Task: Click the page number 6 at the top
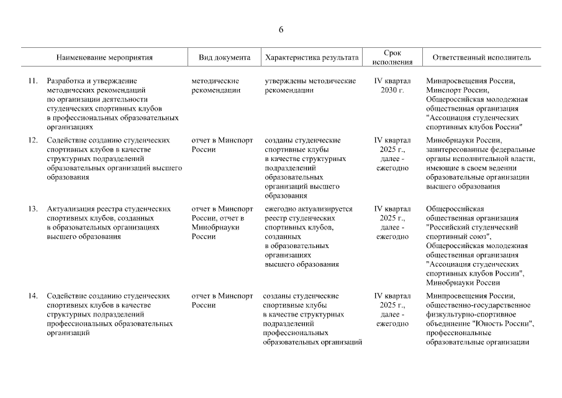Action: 281,30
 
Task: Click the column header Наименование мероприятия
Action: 104,57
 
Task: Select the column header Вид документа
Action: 224,57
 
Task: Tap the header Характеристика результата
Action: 312,57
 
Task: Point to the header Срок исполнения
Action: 392,57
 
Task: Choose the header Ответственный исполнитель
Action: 477,57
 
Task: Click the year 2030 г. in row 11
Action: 392,90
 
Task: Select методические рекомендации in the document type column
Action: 216,85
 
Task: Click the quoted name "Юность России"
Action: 502,324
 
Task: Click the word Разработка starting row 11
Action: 66,81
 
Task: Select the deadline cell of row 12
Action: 392,154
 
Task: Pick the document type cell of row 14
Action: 222,300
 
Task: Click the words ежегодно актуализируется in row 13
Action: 309,209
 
